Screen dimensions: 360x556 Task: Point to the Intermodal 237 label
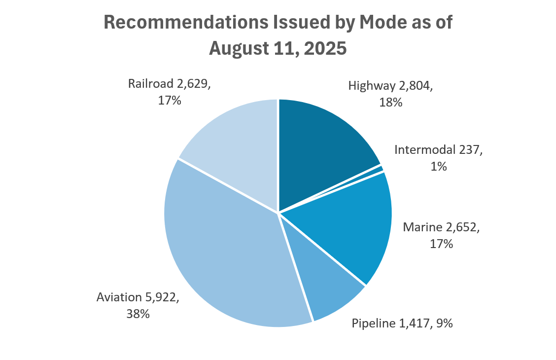438,150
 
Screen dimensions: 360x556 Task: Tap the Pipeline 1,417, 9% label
402,324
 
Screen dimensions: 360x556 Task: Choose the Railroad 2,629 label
170,84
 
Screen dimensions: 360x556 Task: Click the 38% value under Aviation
138,314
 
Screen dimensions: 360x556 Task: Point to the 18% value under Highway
391,103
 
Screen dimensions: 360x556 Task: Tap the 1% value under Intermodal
438,167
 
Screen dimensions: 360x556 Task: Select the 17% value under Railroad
170,101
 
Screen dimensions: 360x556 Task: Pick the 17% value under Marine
441,244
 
